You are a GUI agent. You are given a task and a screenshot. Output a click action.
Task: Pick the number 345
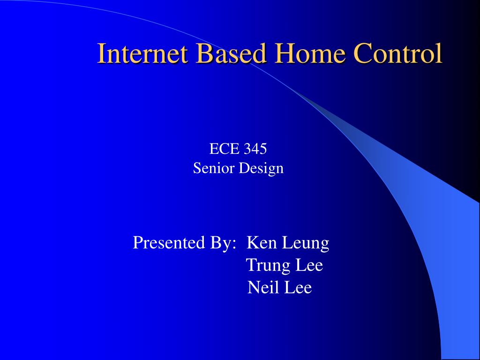255,149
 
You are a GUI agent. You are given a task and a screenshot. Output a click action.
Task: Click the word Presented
169,242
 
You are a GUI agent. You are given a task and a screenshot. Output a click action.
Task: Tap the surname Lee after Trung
309,265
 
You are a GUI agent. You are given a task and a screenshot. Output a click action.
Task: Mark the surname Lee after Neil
298,287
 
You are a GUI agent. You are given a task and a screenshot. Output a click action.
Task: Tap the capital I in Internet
102,53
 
